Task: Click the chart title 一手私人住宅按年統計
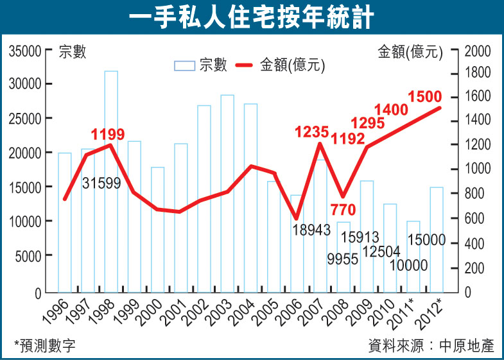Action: (252, 18)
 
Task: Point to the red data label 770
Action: (342, 209)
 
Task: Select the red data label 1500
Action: (424, 97)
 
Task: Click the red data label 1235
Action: (311, 133)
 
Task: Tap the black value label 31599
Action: (101, 183)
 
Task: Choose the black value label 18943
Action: (308, 229)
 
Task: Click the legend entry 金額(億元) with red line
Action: (281, 65)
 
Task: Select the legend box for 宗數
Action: (184, 65)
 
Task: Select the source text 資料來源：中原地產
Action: (431, 345)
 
